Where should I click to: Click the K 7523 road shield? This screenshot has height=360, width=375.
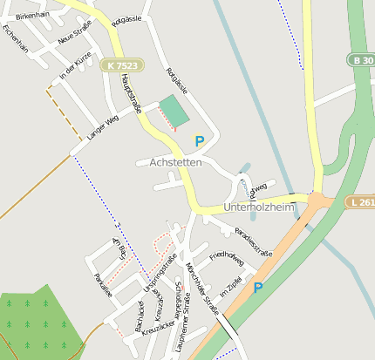(122, 66)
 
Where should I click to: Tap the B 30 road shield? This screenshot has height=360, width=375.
(363, 59)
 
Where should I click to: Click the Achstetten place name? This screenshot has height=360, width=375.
(175, 162)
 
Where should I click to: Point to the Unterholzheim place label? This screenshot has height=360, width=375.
(261, 207)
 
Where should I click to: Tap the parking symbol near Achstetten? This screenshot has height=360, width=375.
(200, 140)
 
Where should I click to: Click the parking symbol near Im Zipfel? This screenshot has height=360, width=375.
(257, 287)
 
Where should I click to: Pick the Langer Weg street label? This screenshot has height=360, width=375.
(102, 127)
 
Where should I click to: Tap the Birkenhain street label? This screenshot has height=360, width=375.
(32, 16)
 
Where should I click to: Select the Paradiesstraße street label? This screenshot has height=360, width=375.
(254, 241)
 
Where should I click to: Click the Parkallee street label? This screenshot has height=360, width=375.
(103, 284)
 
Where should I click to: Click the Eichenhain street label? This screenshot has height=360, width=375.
(16, 39)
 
